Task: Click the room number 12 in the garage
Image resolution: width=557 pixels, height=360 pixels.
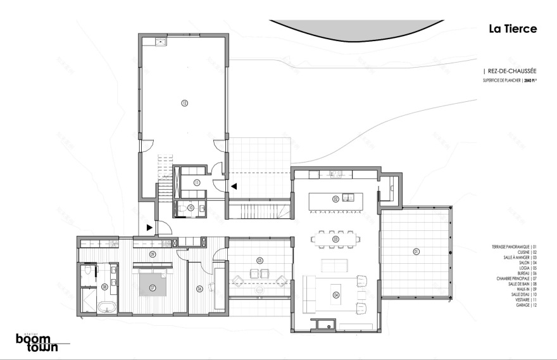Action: pos(184,102)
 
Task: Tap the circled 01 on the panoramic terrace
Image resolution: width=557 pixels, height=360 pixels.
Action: pos(416,251)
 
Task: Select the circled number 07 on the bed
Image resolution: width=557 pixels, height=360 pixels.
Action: pos(153,287)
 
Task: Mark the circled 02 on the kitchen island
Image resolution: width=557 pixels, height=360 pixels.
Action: pos(335,199)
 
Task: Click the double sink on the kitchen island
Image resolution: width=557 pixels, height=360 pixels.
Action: pos(349,197)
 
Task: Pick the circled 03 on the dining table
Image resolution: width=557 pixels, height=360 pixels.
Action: pos(335,239)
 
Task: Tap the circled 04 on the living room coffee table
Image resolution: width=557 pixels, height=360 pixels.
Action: pos(335,294)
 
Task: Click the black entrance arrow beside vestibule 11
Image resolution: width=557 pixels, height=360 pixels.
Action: pos(234,186)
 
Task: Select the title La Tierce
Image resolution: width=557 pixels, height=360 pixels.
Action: pos(512,29)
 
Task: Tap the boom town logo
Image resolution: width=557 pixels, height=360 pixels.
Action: pos(37,342)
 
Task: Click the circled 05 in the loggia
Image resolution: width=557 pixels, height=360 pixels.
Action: pos(260,260)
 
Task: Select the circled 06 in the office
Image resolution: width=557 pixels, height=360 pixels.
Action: pos(199,289)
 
